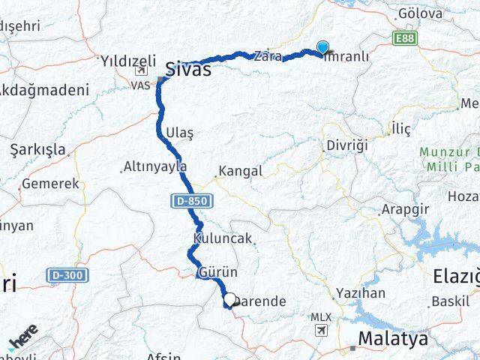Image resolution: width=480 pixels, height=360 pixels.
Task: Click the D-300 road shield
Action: [64, 275]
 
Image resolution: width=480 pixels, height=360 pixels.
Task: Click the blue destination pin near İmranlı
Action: [322, 47]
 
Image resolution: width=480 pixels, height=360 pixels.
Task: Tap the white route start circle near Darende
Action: [229, 298]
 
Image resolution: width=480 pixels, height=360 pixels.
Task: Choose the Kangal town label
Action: [240, 172]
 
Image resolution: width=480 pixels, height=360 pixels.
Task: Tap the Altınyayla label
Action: [155, 166]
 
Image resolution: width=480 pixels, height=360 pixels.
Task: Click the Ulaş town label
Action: [178, 133]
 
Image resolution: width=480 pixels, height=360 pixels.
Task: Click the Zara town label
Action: [268, 56]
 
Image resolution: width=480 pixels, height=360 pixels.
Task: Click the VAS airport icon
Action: [140, 73]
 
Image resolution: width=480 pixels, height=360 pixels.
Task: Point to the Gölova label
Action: [421, 13]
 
